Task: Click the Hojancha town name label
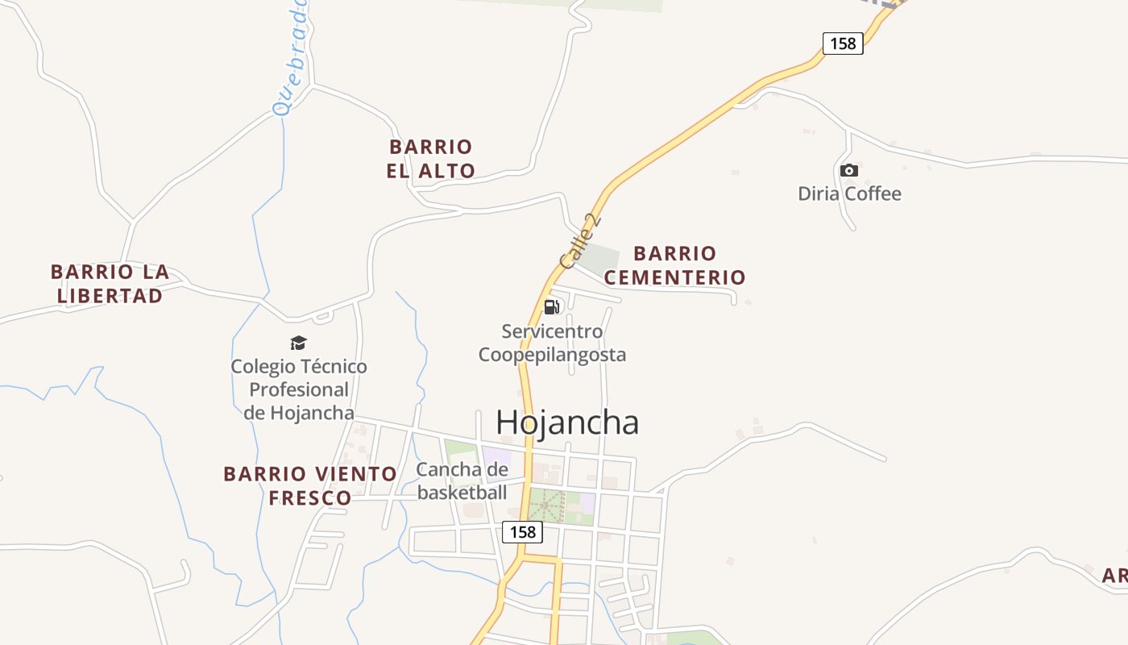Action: [567, 422]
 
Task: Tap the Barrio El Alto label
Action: [431, 159]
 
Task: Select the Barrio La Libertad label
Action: [110, 284]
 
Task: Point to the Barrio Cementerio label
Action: [675, 265]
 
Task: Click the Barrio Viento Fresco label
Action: [310, 485]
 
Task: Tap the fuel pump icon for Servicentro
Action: [552, 306]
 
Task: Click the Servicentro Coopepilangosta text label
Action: [553, 343]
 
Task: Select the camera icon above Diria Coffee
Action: [849, 170]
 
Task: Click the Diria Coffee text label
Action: [849, 193]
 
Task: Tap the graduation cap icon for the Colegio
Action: [299, 343]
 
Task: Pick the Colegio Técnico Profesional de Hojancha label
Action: [299, 389]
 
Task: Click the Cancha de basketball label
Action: [462, 481]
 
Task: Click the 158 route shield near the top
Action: [843, 44]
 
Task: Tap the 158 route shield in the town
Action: [522, 532]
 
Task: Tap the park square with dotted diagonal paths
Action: [547, 506]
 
